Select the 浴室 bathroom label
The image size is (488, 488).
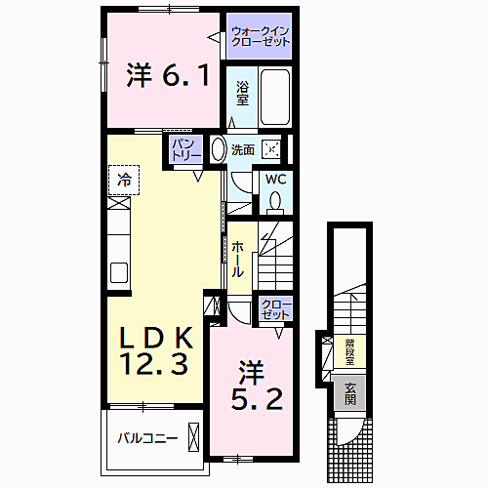pos(243,92)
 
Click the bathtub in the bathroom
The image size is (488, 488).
pos(276,97)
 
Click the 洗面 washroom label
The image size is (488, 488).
pos(243,149)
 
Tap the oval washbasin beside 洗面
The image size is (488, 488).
pos(219,149)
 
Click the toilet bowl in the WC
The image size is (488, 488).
pos(274,201)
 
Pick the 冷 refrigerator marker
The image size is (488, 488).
pos(124,180)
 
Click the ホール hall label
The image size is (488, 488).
pos(239,259)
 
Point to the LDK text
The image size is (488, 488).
pos(158,337)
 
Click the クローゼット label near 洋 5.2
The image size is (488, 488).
pos(274,310)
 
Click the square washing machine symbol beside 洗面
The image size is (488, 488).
pos(276,149)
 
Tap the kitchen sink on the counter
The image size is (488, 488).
pos(119,271)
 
